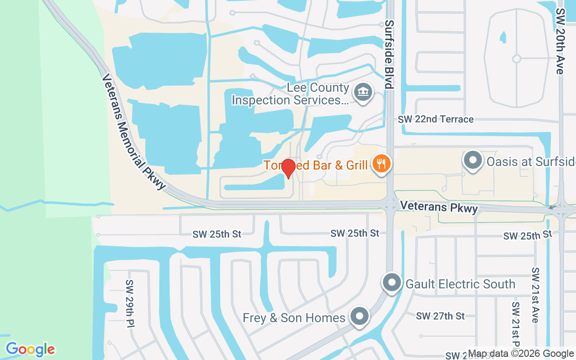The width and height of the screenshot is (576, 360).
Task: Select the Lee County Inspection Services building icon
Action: click(362, 93)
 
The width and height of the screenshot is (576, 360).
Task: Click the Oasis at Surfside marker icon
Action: click(473, 161)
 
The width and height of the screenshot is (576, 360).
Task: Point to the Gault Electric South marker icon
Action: click(391, 283)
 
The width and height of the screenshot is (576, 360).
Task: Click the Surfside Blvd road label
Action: click(389, 54)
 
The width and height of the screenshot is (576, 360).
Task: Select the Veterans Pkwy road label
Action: click(439, 207)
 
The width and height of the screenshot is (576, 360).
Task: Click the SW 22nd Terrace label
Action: click(436, 119)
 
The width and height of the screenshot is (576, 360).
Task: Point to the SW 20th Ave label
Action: click(560, 40)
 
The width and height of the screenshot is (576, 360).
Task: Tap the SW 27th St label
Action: click(440, 316)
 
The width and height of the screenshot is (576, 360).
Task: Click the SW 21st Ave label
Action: click(535, 295)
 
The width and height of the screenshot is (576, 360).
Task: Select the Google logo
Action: click(30, 349)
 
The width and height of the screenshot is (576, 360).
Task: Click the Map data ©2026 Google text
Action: click(521, 354)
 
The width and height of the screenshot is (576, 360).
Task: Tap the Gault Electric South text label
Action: click(460, 284)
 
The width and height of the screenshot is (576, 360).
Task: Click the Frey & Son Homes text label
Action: click(294, 318)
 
